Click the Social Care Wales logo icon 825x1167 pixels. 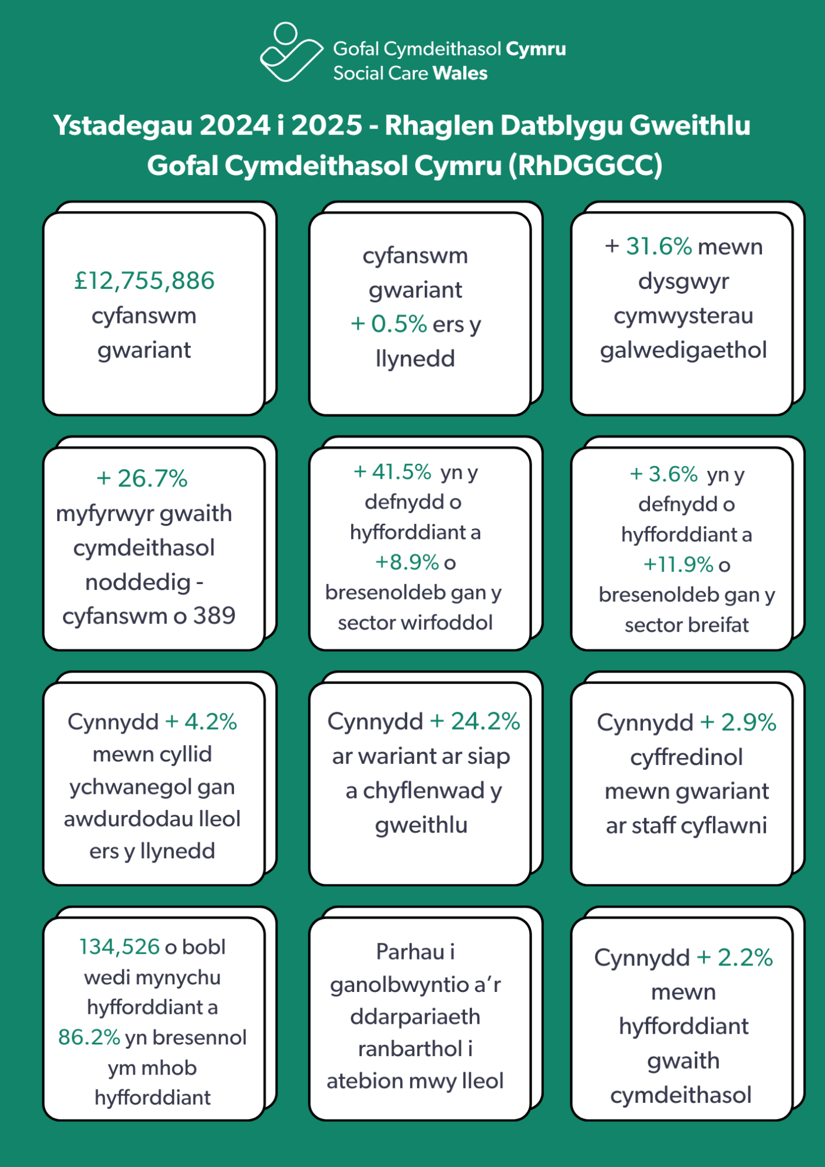pos(291,52)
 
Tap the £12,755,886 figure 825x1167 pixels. pos(144,281)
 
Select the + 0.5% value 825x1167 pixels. pos(388,324)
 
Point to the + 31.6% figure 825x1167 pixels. pos(648,246)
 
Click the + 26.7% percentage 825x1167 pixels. pos(142,479)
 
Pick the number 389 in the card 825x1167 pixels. pos(214,616)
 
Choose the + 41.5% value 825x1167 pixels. pos(392,472)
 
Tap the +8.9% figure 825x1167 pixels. pos(407,562)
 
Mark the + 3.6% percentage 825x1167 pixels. pos(664,474)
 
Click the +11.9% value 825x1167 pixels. pos(678,565)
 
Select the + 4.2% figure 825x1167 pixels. pos(201,721)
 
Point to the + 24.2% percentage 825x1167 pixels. pos(475,721)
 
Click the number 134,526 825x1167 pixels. pos(120,947)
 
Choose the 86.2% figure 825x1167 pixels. pos(89,1037)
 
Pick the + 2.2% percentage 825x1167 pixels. pos(735,958)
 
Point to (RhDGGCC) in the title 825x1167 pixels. pos(586,166)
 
